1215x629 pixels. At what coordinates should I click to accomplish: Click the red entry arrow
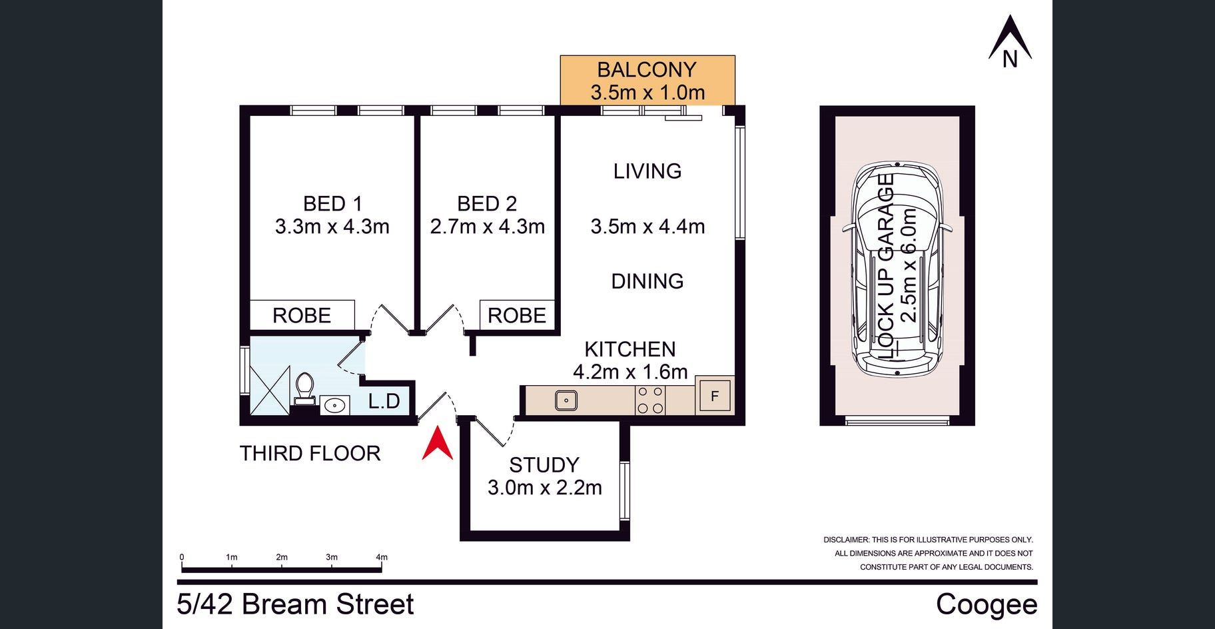(x=437, y=445)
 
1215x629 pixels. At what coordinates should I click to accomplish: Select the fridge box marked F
(x=715, y=396)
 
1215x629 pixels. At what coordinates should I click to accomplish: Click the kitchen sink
(x=566, y=400)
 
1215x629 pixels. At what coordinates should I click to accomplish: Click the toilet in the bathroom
(x=304, y=388)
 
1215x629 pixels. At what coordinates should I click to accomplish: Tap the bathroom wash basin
(x=334, y=404)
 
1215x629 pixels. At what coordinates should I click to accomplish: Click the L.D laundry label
(x=384, y=400)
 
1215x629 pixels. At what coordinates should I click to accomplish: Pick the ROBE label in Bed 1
(x=302, y=315)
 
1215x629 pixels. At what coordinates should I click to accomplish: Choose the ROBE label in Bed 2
(x=517, y=315)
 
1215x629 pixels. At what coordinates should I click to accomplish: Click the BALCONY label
(x=647, y=69)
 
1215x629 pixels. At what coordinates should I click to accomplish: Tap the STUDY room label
(x=544, y=464)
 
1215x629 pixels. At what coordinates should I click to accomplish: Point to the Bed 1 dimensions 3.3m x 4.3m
(x=332, y=227)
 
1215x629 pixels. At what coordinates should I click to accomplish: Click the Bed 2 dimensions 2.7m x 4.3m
(x=488, y=227)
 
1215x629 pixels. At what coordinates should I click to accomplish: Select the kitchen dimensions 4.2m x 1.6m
(x=630, y=372)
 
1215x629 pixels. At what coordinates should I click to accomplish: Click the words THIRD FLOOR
(x=310, y=453)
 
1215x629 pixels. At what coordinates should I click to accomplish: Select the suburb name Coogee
(x=987, y=605)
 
